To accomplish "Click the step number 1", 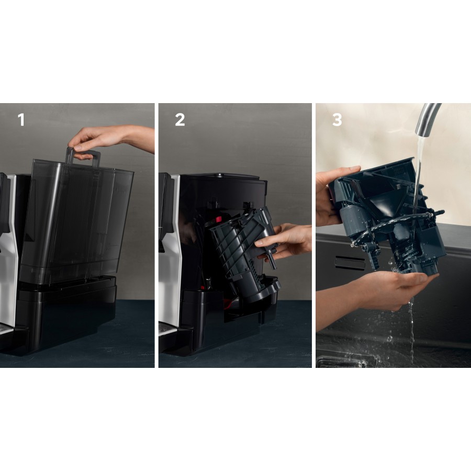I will tap(21, 120).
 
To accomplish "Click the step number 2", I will tap(180, 120).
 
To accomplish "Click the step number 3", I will tap(337, 120).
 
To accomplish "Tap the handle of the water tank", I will tap(83, 155).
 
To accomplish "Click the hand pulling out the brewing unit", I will tap(285, 241).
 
